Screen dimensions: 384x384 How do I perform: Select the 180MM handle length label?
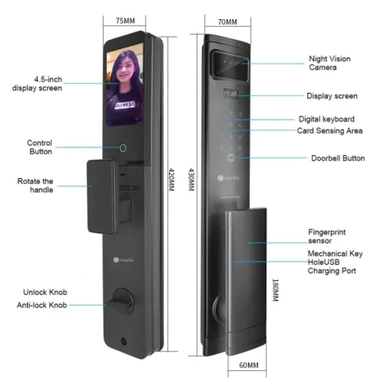275,291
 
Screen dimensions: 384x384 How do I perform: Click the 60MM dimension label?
248,365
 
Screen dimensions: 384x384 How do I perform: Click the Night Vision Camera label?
329,63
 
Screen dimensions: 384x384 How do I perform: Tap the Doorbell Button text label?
337,158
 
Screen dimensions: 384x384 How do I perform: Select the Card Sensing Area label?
329,131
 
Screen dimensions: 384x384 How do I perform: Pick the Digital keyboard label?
326,119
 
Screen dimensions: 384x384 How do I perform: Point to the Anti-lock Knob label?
42,305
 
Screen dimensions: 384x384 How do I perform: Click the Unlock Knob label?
45,292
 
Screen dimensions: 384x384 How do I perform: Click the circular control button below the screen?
122,147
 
